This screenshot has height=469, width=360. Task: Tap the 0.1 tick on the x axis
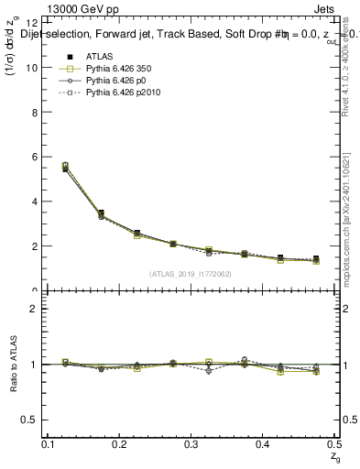point(49,444)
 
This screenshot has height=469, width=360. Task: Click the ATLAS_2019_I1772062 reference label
point(191,274)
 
